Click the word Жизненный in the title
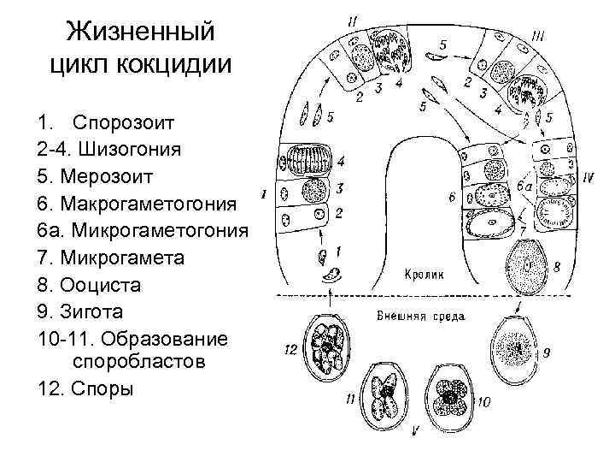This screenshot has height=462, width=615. click(x=141, y=34)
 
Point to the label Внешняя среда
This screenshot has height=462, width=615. click(x=420, y=316)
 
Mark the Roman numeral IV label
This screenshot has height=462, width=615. click(x=587, y=177)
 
